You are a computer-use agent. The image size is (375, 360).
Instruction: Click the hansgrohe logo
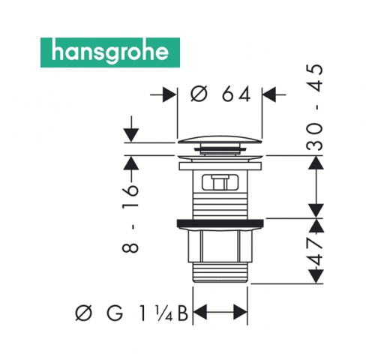click(110, 52)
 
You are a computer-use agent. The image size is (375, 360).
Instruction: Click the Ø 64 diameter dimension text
click(220, 94)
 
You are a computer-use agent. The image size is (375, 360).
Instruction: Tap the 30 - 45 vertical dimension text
click(314, 108)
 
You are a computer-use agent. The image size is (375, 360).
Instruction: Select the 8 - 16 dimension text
click(130, 218)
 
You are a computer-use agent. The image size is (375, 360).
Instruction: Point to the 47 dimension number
click(316, 250)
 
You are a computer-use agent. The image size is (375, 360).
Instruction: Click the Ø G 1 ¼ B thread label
click(131, 313)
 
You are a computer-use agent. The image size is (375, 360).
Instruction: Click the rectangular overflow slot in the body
click(220, 181)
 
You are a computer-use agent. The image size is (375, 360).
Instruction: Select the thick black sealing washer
click(220, 223)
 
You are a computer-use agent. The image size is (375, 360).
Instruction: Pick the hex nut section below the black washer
click(220, 245)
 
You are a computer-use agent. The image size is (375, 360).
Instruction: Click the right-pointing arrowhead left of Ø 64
click(169, 94)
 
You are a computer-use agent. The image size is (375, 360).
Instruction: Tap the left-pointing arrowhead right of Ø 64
click(269, 94)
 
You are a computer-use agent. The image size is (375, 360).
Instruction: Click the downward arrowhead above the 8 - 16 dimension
click(132, 135)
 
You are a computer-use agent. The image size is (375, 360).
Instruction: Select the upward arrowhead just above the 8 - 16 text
click(131, 163)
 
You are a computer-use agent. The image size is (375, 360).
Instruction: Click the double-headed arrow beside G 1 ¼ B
click(220, 312)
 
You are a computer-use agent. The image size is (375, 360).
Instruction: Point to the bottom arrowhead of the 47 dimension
click(316, 276)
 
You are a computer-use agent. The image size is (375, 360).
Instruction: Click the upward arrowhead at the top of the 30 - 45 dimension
click(316, 163)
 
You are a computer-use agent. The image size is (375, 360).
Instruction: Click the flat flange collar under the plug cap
click(220, 166)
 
